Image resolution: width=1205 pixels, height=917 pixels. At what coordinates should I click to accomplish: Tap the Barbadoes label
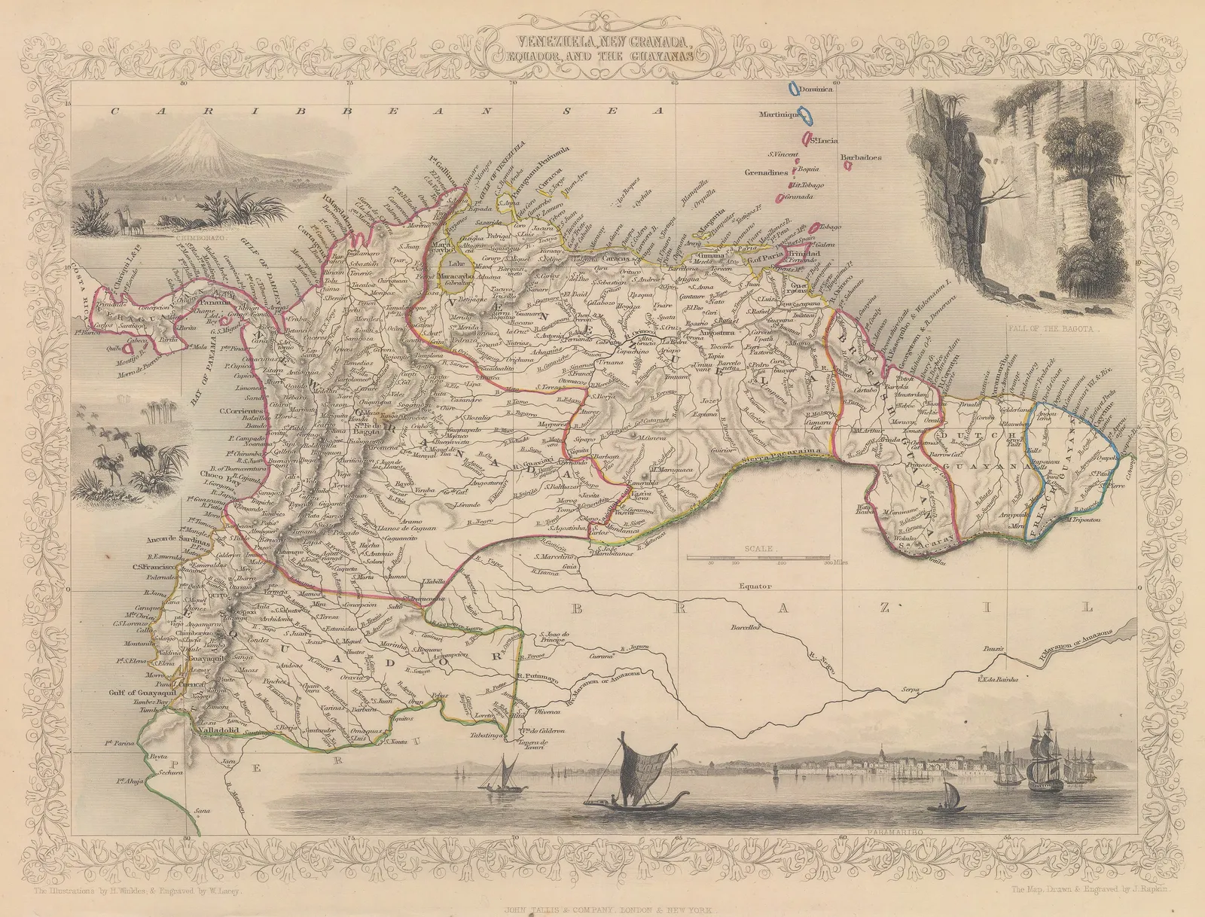click(x=861, y=157)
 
